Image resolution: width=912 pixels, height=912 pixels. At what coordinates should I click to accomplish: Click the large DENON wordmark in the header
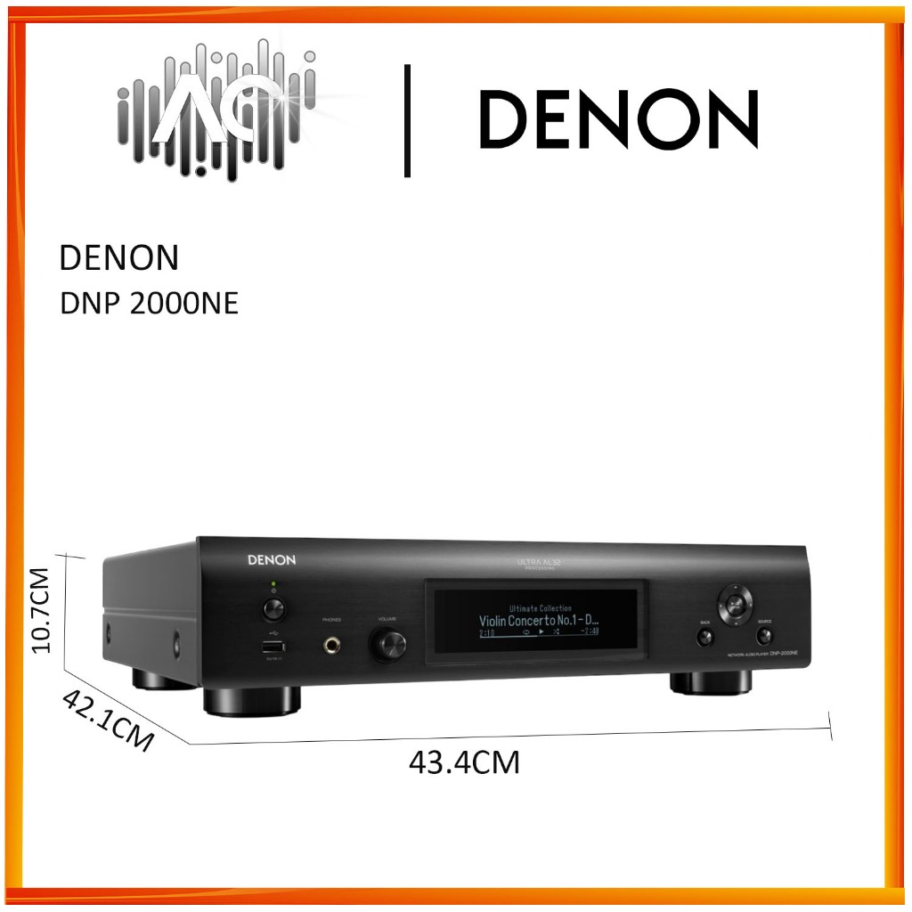618,119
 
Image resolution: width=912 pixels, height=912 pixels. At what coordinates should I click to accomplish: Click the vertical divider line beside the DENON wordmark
408,120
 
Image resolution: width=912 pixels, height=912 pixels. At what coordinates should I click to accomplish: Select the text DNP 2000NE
149,303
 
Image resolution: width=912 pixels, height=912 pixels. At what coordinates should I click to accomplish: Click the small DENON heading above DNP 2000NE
118,258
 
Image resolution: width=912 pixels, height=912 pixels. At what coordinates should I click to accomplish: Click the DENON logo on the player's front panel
271,560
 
